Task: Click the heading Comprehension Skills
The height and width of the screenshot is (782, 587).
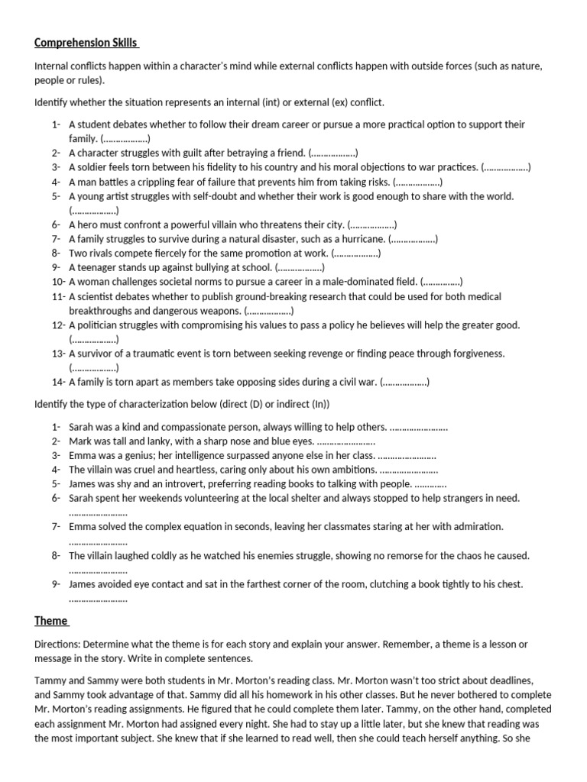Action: point(86,43)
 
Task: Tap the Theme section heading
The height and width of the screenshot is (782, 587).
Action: point(50,620)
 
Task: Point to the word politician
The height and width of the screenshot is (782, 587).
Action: point(103,325)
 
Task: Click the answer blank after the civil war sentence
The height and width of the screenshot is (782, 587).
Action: point(405,382)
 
